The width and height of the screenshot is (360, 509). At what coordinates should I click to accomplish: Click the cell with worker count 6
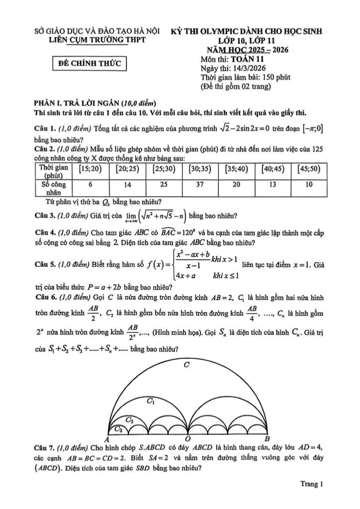point(90,184)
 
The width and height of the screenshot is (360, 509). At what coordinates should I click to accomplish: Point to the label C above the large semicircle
point(186,365)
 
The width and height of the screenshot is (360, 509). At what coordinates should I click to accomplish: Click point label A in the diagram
point(106,439)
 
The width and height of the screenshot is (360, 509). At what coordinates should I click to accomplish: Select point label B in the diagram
point(267,439)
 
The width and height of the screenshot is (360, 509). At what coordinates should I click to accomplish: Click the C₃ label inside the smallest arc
point(118,428)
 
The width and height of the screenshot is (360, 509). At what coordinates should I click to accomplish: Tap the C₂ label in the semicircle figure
point(129,420)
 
